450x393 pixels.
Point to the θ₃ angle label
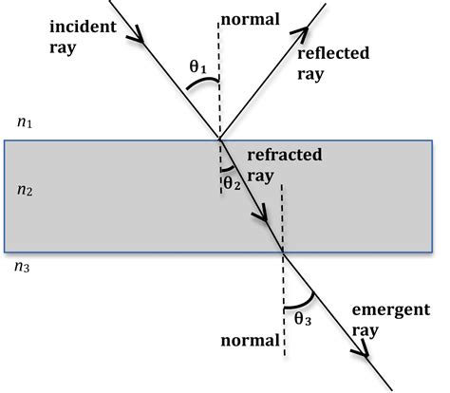tap(303, 319)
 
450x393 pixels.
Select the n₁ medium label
tap(25, 122)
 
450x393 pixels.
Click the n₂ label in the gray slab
tap(26, 190)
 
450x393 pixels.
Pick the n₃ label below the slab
tap(24, 267)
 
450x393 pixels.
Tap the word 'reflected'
tap(332, 52)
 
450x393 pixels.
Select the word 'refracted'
tap(284, 154)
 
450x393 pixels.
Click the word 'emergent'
tap(390, 311)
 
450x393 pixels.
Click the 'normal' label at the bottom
tap(249, 339)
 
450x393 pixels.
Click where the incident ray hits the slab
tap(220, 140)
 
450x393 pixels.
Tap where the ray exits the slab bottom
tap(284, 252)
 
